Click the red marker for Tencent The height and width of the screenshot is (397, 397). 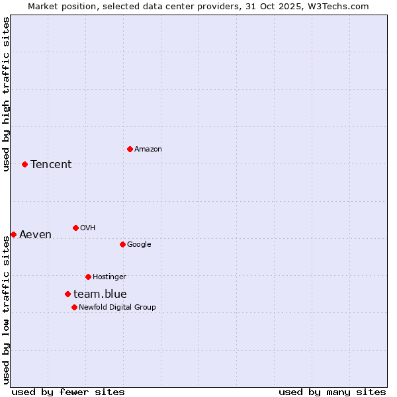(24, 164)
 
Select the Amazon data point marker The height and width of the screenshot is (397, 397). (130, 149)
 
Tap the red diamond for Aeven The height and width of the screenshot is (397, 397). (13, 234)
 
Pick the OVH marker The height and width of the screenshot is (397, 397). (75, 228)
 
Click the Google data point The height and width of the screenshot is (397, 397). (122, 244)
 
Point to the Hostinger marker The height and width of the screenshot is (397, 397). (88, 277)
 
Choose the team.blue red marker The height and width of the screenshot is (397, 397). (67, 294)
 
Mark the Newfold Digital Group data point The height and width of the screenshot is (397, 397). (74, 307)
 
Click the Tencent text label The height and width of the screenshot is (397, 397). (51, 164)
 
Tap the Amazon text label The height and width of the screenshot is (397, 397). (148, 149)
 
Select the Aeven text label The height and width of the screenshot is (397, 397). (35, 234)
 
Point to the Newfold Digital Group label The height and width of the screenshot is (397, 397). (117, 307)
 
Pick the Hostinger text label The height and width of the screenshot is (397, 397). (109, 277)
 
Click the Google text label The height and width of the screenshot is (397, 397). (139, 244)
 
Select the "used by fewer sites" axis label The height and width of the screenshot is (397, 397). (68, 392)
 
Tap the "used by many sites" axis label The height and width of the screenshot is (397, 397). (332, 392)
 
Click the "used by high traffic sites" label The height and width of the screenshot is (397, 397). (6, 94)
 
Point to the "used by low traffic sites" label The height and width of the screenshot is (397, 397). (6, 310)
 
